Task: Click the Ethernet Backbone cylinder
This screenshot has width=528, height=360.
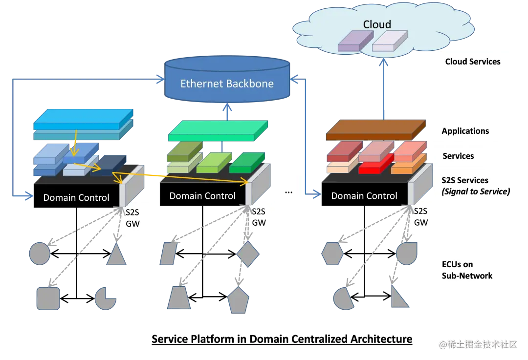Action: (227, 80)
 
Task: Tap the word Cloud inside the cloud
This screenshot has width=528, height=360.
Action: (377, 24)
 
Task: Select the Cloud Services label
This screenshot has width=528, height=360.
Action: (472, 62)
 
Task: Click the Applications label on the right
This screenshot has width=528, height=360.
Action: (465, 131)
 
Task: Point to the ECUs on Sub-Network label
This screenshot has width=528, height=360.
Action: (467, 270)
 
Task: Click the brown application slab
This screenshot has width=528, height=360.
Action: (375, 130)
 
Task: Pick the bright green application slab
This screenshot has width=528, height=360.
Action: (218, 130)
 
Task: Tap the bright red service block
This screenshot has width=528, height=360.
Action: (376, 164)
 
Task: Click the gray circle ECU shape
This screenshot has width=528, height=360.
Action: (40, 254)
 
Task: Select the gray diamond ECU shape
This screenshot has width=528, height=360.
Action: (248, 254)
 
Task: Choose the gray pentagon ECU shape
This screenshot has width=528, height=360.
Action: (239, 300)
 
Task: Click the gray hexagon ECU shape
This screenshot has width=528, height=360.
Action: (332, 254)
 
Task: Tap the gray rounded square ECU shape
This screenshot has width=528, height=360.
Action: (48, 298)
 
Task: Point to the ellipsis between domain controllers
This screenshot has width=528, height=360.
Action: (288, 192)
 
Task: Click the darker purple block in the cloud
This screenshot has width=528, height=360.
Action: (355, 41)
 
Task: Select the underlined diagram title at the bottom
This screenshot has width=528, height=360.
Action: (282, 339)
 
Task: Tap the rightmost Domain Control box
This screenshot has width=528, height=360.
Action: (364, 194)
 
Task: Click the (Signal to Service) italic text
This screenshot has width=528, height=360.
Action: (476, 191)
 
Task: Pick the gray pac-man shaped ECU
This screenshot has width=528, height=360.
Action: (105, 298)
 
